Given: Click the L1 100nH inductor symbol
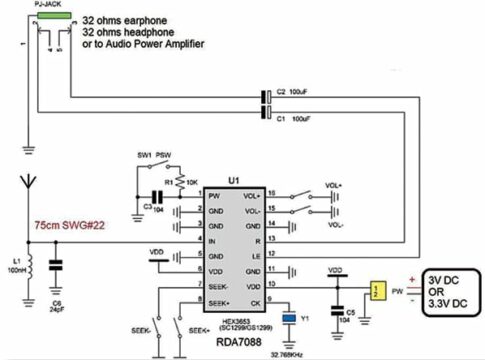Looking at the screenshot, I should (x=30, y=267).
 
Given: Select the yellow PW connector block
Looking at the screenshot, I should (x=375, y=291).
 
